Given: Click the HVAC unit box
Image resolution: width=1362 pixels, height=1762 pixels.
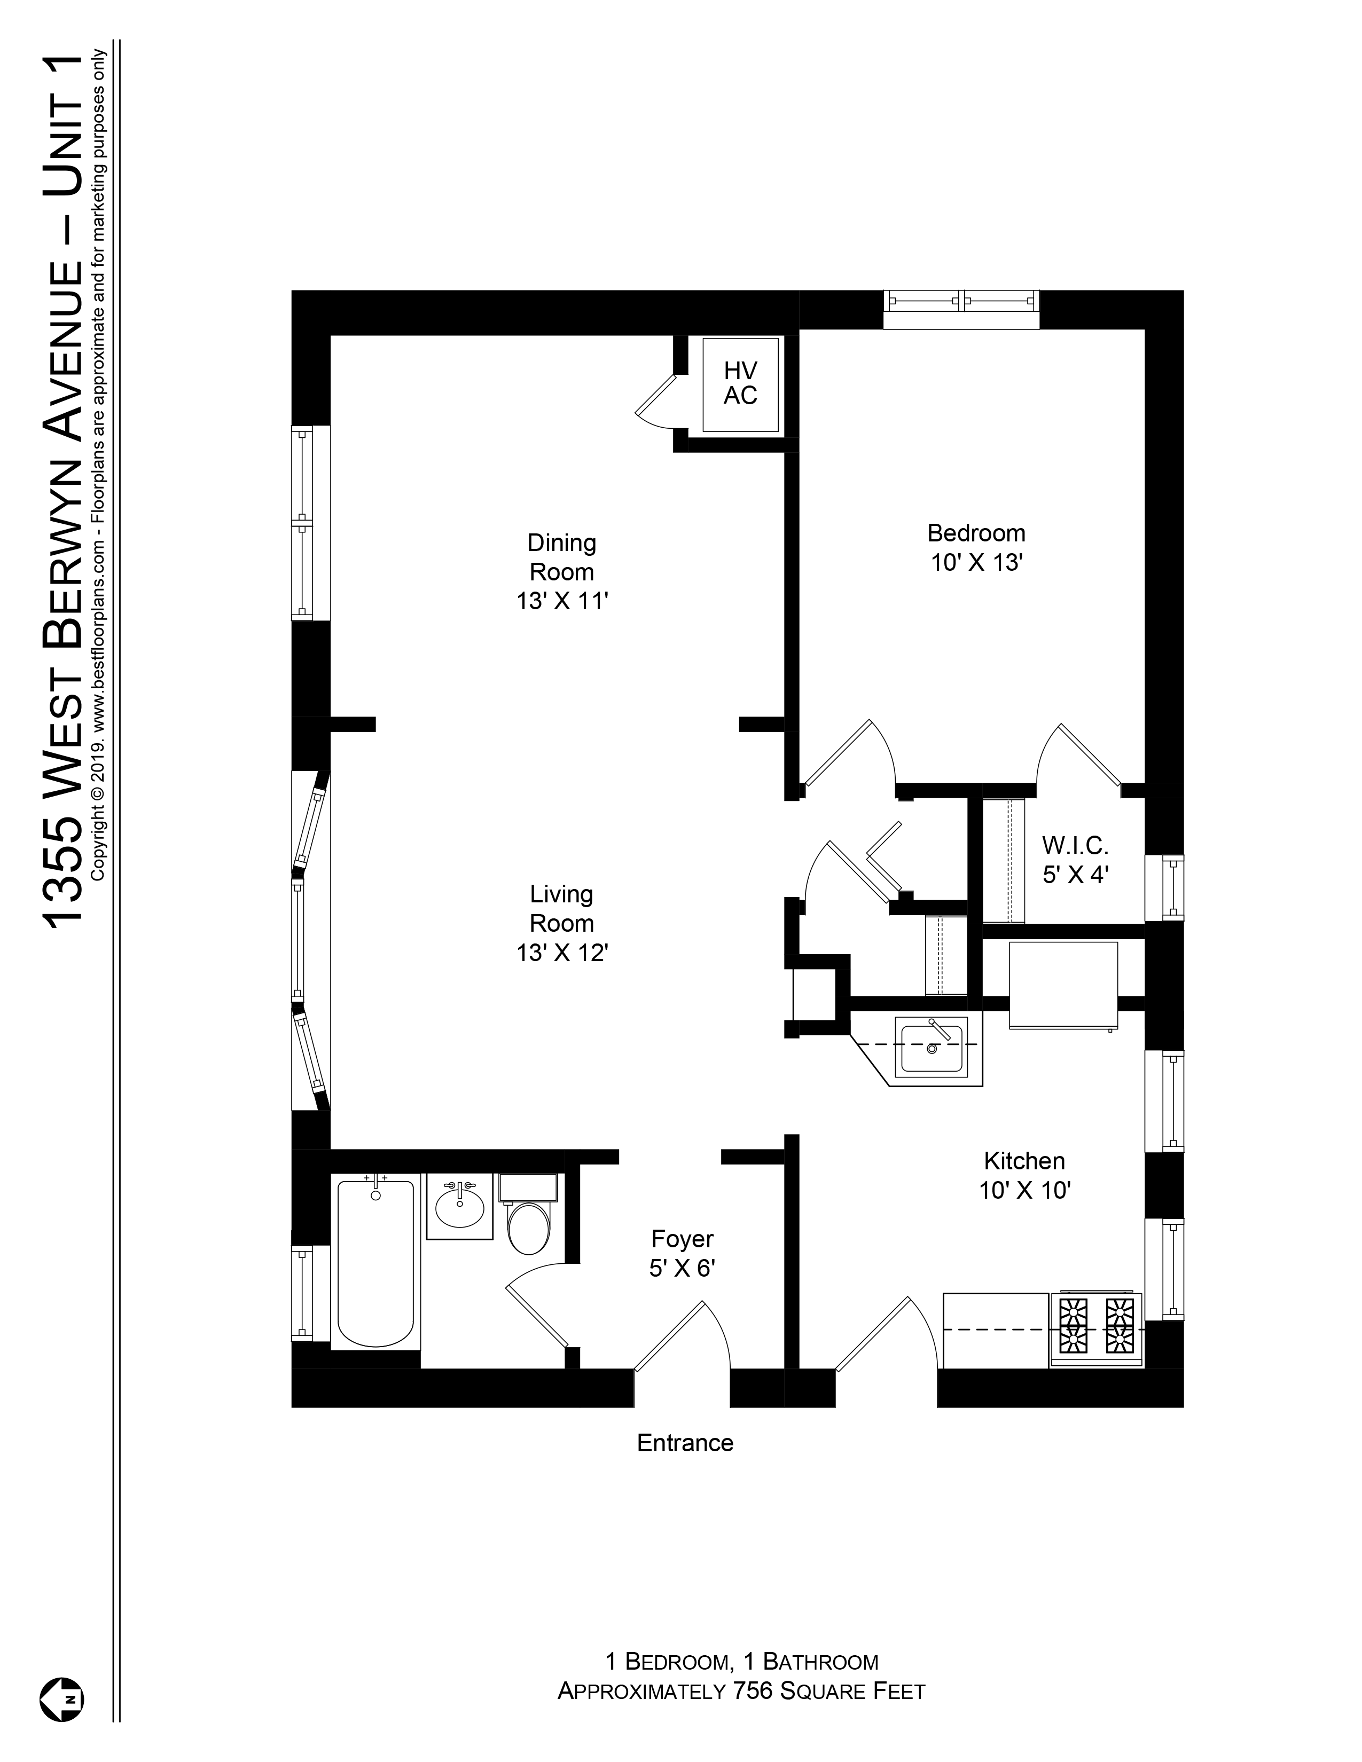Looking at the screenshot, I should click(740, 384).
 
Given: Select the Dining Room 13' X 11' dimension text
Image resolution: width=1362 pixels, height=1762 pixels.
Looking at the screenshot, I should click(561, 602).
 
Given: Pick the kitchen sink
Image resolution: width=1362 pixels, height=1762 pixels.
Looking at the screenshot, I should click(932, 1047).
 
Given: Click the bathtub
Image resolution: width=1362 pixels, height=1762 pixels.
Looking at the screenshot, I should click(375, 1264).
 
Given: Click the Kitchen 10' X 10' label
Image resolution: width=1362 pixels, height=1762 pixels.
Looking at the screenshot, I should click(1024, 1176).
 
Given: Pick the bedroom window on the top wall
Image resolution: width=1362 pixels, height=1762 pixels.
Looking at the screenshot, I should click(961, 309).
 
